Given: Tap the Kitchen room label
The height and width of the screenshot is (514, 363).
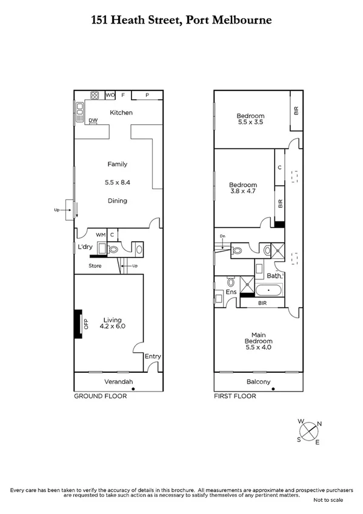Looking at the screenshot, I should coord(121,113).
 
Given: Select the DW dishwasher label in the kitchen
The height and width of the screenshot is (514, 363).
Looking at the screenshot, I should coord(93,121).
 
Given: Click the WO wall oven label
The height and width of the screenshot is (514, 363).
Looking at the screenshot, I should coord(110,95).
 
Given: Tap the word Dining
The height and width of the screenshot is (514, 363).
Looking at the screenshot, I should coord(117,201).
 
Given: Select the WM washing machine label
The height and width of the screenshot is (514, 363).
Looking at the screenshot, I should coord(101,234).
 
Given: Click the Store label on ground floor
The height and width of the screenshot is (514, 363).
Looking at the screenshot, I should coord(95,265).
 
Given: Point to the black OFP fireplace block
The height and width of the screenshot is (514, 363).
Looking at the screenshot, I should coord(78,324).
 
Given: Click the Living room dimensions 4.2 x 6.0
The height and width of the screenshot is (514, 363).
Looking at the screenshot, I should coord(113,326).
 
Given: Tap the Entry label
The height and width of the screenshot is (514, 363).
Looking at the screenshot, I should coord(153,356).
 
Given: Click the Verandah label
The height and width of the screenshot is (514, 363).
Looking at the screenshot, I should coord(118,382).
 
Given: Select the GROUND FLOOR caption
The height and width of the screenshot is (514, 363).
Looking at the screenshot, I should coord(100,396).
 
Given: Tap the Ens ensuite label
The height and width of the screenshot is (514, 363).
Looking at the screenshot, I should coord(231,292).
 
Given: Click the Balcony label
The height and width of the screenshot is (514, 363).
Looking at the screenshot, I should coord(258,382).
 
